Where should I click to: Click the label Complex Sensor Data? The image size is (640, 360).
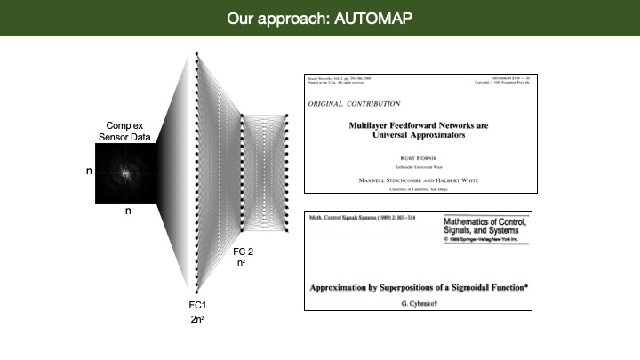coord(125,132)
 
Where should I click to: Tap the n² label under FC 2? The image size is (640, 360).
coord(241,264)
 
